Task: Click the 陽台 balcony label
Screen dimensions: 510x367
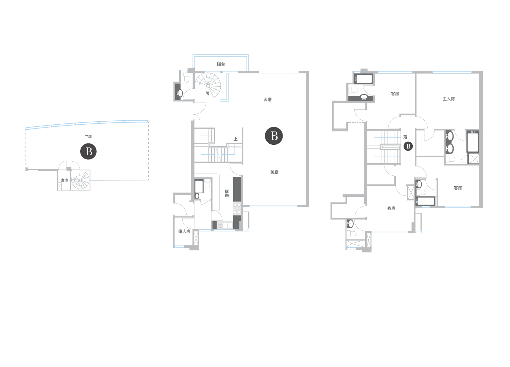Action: pos(221,64)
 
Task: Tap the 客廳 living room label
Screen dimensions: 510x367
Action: pos(268,100)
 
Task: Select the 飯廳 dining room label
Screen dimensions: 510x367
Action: pos(274,172)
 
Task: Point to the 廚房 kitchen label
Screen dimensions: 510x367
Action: pos(227,193)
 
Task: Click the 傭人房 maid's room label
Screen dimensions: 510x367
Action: pos(184,231)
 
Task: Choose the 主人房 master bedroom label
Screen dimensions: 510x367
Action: pos(449,99)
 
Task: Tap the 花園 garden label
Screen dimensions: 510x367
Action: pos(88,137)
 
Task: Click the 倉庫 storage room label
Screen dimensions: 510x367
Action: pos(65,180)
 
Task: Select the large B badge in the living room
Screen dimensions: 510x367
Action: pos(274,136)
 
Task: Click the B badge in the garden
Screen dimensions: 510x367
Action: pos(88,151)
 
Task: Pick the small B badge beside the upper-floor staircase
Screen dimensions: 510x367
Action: pos(408,146)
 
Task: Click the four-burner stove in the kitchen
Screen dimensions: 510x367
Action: pos(237,209)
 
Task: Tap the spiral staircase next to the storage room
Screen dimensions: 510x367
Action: pos(80,180)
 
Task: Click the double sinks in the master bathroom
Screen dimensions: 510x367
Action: pos(449,142)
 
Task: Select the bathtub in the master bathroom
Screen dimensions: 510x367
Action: pos(473,142)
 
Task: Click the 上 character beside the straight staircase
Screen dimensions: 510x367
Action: pos(236,139)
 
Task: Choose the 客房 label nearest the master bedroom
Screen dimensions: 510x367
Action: pos(395,94)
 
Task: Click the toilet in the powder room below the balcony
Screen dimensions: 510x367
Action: pos(186,77)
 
